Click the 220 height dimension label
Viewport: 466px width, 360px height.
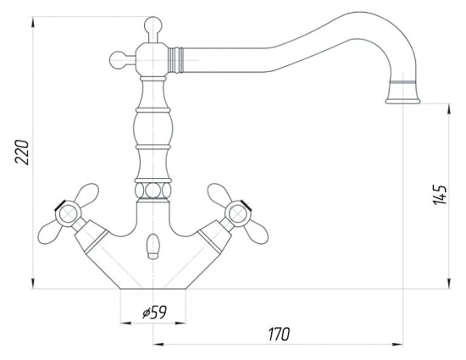point(22,152)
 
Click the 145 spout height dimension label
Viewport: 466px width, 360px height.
point(440,195)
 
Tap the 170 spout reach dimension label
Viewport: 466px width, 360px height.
point(279,334)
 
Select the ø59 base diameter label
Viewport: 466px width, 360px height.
point(154,312)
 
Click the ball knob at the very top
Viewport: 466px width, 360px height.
point(153,25)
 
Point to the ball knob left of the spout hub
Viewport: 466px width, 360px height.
point(119,60)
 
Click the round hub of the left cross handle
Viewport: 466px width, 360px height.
point(69,213)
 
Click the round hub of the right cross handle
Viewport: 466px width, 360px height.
point(237,213)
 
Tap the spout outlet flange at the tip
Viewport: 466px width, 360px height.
point(402,102)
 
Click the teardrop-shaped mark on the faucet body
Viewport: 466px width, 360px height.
point(153,246)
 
